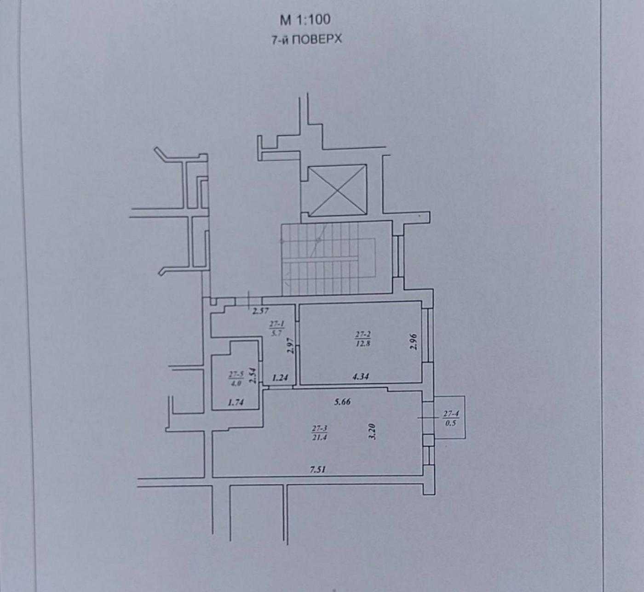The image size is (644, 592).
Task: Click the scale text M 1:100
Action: point(305,20)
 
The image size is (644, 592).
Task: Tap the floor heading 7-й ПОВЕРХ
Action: point(307,40)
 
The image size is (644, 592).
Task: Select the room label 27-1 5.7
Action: point(276,329)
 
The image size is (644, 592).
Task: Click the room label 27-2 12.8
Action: point(363,339)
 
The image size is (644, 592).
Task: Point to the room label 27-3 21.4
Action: point(319,433)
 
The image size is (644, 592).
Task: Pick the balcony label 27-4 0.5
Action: point(451,418)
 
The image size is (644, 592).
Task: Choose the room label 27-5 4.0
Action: point(236,379)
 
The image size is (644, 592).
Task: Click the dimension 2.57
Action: point(260,311)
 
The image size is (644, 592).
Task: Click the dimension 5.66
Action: point(342,402)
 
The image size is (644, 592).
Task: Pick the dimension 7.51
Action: point(318,470)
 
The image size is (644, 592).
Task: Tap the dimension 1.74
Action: point(236,403)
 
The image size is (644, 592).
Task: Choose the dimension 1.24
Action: point(280,378)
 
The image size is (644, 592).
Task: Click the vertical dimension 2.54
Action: point(253,376)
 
